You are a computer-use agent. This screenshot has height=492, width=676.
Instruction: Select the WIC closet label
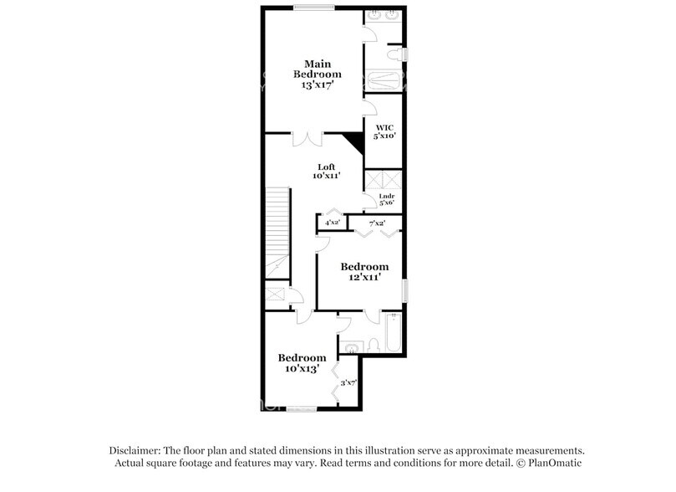point(384,127)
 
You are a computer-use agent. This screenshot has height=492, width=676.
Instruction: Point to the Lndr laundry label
point(386,197)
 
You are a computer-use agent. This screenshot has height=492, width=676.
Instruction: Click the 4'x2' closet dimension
point(333,223)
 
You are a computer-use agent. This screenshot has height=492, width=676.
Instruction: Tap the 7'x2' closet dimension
point(377,223)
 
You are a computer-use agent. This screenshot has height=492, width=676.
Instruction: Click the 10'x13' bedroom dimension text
point(302,369)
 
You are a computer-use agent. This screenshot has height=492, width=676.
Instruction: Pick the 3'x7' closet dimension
point(348,382)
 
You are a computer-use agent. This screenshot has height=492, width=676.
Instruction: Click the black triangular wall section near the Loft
point(356,143)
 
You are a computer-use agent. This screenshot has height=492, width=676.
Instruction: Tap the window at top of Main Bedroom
point(314,8)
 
